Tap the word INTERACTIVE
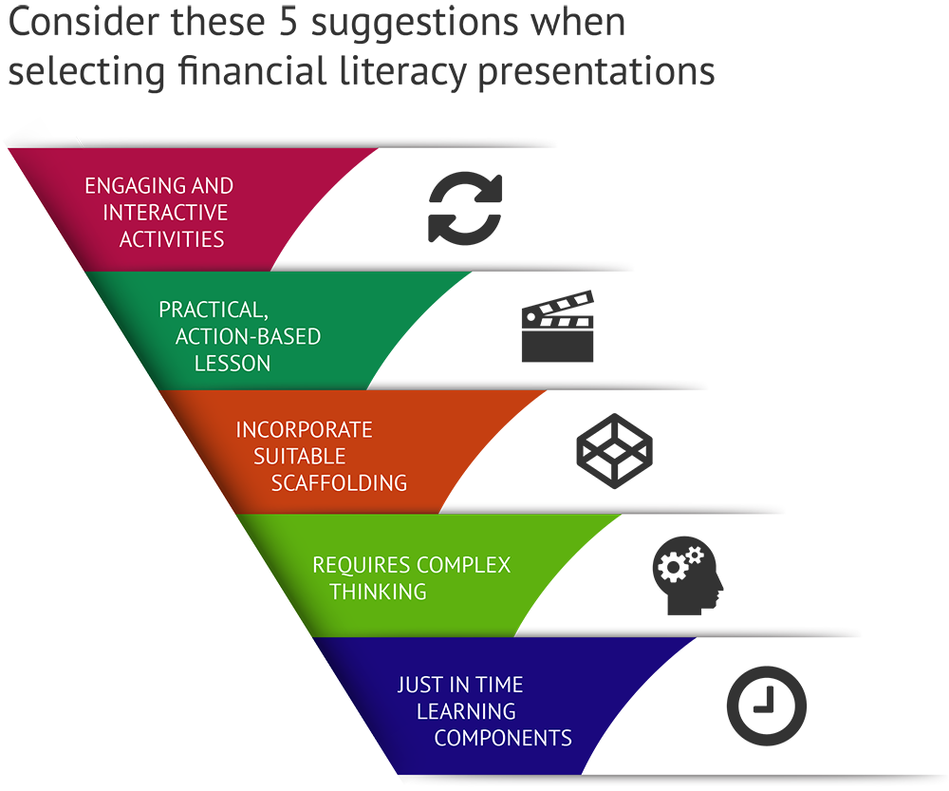[166, 212]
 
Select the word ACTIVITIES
[172, 238]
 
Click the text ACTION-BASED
[248, 336]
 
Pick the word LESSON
[233, 363]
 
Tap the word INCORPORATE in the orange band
[304, 429]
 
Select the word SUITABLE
[299, 456]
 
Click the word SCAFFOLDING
[339, 482]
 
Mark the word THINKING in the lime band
[378, 592]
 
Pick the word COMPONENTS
[503, 738]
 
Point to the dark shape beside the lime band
[688, 570]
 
